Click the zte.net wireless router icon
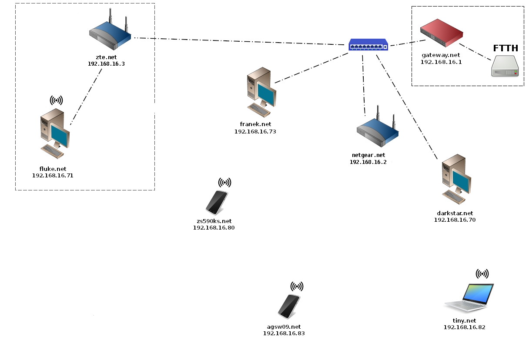pyautogui.click(x=110, y=37)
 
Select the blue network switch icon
pyautogui.click(x=368, y=45)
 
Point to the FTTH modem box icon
pyautogui.click(x=505, y=66)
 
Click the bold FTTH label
pyautogui.click(x=506, y=48)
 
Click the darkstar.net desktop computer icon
pyautogui.click(x=455, y=180)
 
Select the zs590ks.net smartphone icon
pyautogui.click(x=216, y=202)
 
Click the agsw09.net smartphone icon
pyautogui.click(x=288, y=307)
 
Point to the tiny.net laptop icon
pyautogui.click(x=469, y=298)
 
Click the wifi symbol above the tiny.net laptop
pyautogui.click(x=482, y=274)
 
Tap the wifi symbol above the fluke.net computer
pyautogui.click(x=57, y=101)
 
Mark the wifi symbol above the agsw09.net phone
pyautogui.click(x=297, y=287)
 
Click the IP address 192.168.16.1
pyautogui.click(x=441, y=62)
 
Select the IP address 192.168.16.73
pyautogui.click(x=255, y=131)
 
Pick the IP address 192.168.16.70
pyautogui.click(x=455, y=220)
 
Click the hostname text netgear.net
pyautogui.click(x=368, y=155)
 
